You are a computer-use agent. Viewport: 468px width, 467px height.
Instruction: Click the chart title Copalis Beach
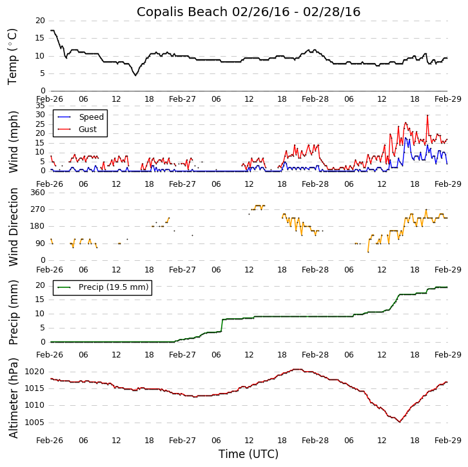tap(248, 12)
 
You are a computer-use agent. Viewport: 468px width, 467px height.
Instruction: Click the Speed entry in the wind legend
tap(91, 117)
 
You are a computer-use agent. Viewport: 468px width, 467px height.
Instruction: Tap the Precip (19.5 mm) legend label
tap(113, 287)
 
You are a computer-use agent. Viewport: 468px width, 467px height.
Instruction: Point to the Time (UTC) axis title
tap(248, 454)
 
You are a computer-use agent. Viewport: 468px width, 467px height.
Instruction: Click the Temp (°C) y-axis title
tap(13, 56)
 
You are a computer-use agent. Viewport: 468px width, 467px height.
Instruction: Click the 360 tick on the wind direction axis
tap(37, 193)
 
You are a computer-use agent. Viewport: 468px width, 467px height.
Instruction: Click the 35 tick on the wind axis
tap(40, 106)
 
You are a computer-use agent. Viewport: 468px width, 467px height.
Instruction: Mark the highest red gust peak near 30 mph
tap(427, 115)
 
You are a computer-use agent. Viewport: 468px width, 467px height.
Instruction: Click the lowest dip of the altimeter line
tap(400, 422)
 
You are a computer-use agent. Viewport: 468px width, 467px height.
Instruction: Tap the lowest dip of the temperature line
tap(135, 75)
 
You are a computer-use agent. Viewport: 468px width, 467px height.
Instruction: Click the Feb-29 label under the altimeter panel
tap(447, 441)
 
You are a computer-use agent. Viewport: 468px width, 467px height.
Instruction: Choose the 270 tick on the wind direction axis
tap(37, 209)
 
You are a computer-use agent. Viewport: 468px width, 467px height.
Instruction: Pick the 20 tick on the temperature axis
tap(40, 21)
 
